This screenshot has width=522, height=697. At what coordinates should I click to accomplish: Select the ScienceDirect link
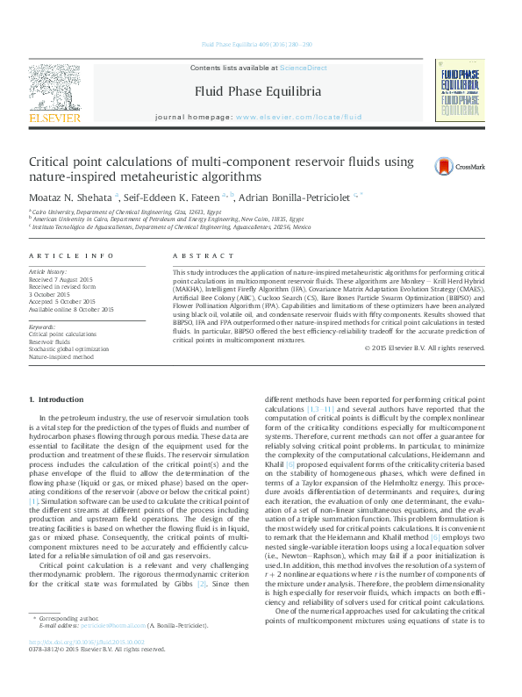pos(304,68)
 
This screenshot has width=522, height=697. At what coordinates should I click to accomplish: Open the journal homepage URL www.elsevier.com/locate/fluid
pos(298,116)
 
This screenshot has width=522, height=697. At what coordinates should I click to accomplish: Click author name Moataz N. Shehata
pos(70,195)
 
